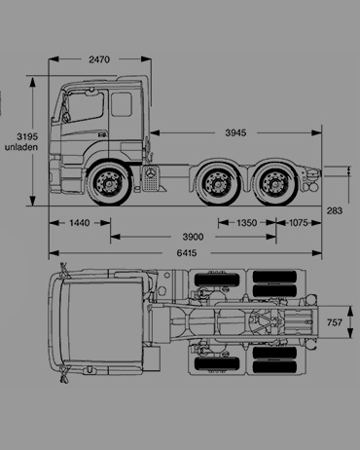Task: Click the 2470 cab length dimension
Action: [99, 59]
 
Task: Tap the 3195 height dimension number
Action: [27, 136]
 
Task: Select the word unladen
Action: [21, 147]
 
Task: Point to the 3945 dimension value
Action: [235, 132]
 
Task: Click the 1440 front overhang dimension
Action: [80, 223]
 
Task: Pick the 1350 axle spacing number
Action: [247, 223]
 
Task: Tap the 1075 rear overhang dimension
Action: [299, 223]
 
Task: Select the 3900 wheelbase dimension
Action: [193, 237]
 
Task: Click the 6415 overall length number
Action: [187, 252]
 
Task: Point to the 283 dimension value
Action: [335, 210]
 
